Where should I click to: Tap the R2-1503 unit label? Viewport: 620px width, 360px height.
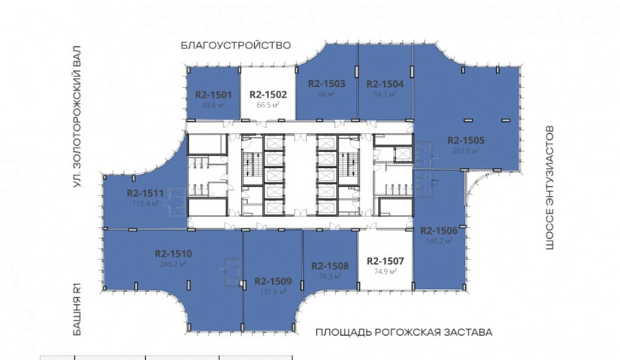point(327,84)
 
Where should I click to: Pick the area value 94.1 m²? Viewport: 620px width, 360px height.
point(385,95)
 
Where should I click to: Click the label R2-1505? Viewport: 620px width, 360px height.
point(465,140)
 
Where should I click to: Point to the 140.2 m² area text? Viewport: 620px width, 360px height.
point(439,241)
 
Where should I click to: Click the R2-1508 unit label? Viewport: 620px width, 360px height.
point(329,265)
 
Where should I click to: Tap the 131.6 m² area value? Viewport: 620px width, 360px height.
point(273,291)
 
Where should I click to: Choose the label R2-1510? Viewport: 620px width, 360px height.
point(173,254)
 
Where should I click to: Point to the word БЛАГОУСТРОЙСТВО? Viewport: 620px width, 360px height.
point(236,45)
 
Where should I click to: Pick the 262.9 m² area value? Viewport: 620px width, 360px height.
point(465,151)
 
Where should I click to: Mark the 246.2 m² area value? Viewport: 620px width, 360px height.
point(173,265)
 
